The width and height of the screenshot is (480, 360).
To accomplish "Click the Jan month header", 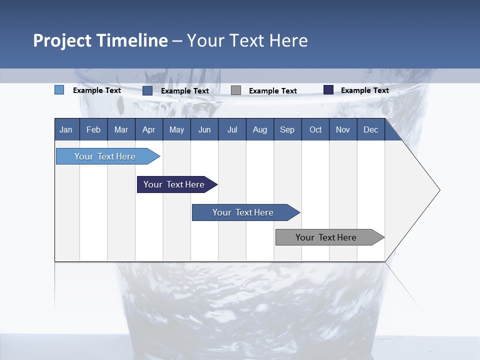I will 66,129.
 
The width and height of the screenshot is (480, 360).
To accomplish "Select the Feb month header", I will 93,129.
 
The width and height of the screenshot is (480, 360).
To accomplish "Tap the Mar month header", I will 121,129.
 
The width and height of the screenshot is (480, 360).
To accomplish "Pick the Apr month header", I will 149,129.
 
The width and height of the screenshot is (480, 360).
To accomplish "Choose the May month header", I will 176,129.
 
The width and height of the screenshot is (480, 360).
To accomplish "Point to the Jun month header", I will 204,129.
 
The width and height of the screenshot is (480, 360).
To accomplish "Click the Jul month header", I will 232,129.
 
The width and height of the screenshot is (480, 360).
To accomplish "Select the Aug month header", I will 260,129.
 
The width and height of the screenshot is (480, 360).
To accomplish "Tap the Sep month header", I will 287,129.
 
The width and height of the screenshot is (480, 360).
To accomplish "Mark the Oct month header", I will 315,129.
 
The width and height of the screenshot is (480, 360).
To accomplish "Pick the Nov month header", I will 343,129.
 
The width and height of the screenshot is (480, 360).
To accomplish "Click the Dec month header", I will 371,129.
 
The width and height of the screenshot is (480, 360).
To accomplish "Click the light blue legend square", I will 59,90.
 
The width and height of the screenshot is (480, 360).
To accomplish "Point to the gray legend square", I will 236,90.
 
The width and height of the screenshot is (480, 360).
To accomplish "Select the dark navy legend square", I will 328,90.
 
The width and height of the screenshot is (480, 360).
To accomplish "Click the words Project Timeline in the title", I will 100,40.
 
